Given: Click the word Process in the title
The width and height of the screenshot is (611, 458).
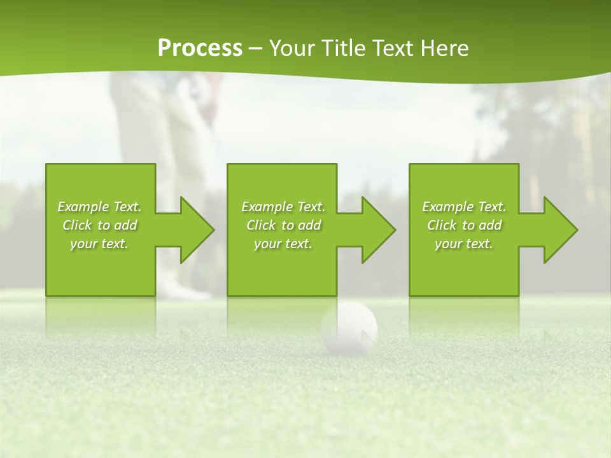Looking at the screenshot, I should pyautogui.click(x=200, y=48).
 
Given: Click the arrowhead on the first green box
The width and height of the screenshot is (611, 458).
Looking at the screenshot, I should pyautogui.click(x=193, y=230).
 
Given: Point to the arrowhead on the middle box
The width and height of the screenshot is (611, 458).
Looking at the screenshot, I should pyautogui.click(x=375, y=230).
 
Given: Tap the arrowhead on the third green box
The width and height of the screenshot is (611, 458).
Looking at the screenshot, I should pyautogui.click(x=557, y=230).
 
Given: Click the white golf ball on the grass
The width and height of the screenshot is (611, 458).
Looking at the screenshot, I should pyautogui.click(x=349, y=327).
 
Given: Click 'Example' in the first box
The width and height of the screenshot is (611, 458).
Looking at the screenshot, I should pyautogui.click(x=83, y=207).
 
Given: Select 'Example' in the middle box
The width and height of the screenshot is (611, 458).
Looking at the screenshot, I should pyautogui.click(x=267, y=207).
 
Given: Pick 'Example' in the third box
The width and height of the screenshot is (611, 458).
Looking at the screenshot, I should pyautogui.click(x=447, y=207).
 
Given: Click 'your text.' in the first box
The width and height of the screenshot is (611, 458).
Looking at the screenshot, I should pyautogui.click(x=99, y=244).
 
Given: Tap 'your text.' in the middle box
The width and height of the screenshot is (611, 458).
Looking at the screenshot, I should pyautogui.click(x=283, y=244).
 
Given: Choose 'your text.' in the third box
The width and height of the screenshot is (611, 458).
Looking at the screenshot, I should pyautogui.click(x=464, y=244).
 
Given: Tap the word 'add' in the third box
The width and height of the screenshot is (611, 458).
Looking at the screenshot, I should pyautogui.click(x=491, y=225).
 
